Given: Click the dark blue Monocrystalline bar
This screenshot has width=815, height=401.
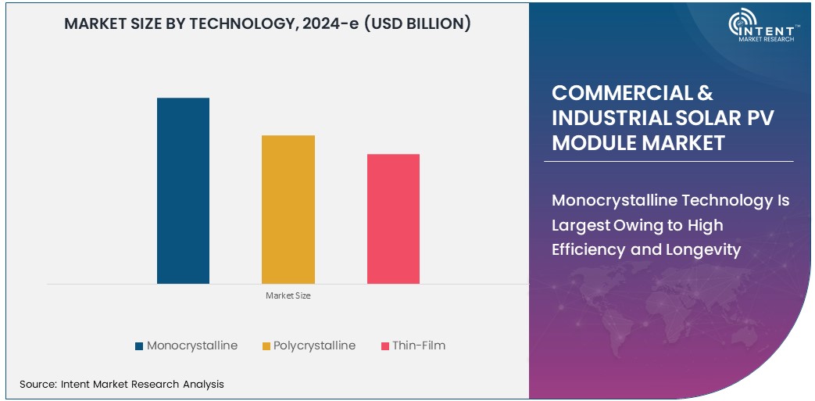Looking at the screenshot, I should (183, 191).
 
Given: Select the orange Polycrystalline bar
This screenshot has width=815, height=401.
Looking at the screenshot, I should (288, 209).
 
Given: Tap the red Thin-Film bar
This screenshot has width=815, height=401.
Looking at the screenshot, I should (393, 219).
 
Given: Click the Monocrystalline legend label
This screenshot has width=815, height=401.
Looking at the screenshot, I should (192, 346).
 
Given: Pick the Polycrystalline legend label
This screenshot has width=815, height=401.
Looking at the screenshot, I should (314, 346).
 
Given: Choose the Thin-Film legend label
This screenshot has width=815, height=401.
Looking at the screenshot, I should (419, 346).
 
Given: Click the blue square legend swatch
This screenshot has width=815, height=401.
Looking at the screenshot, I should (139, 346).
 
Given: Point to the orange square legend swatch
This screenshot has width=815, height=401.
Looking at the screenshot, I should (266, 346).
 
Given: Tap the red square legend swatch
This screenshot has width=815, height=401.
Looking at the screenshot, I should (384, 346).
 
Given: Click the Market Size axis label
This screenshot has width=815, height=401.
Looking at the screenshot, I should (288, 295).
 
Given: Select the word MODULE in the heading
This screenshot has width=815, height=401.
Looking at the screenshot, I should (589, 143).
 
